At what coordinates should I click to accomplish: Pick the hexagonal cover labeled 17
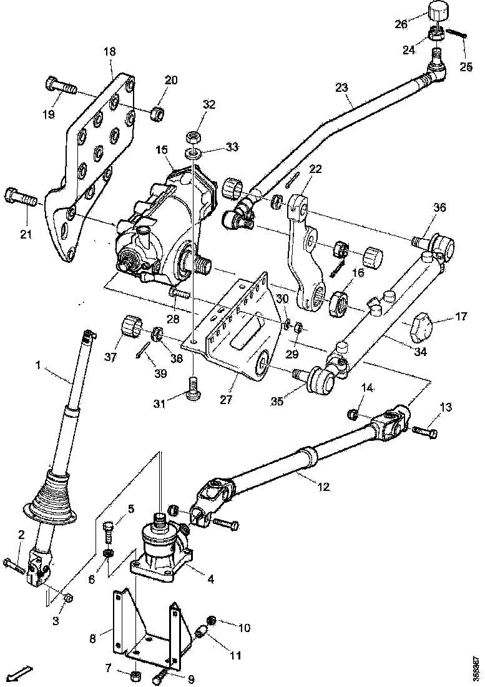click(423, 326)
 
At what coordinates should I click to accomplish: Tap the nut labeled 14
click(353, 413)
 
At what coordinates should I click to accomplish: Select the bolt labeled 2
click(14, 566)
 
